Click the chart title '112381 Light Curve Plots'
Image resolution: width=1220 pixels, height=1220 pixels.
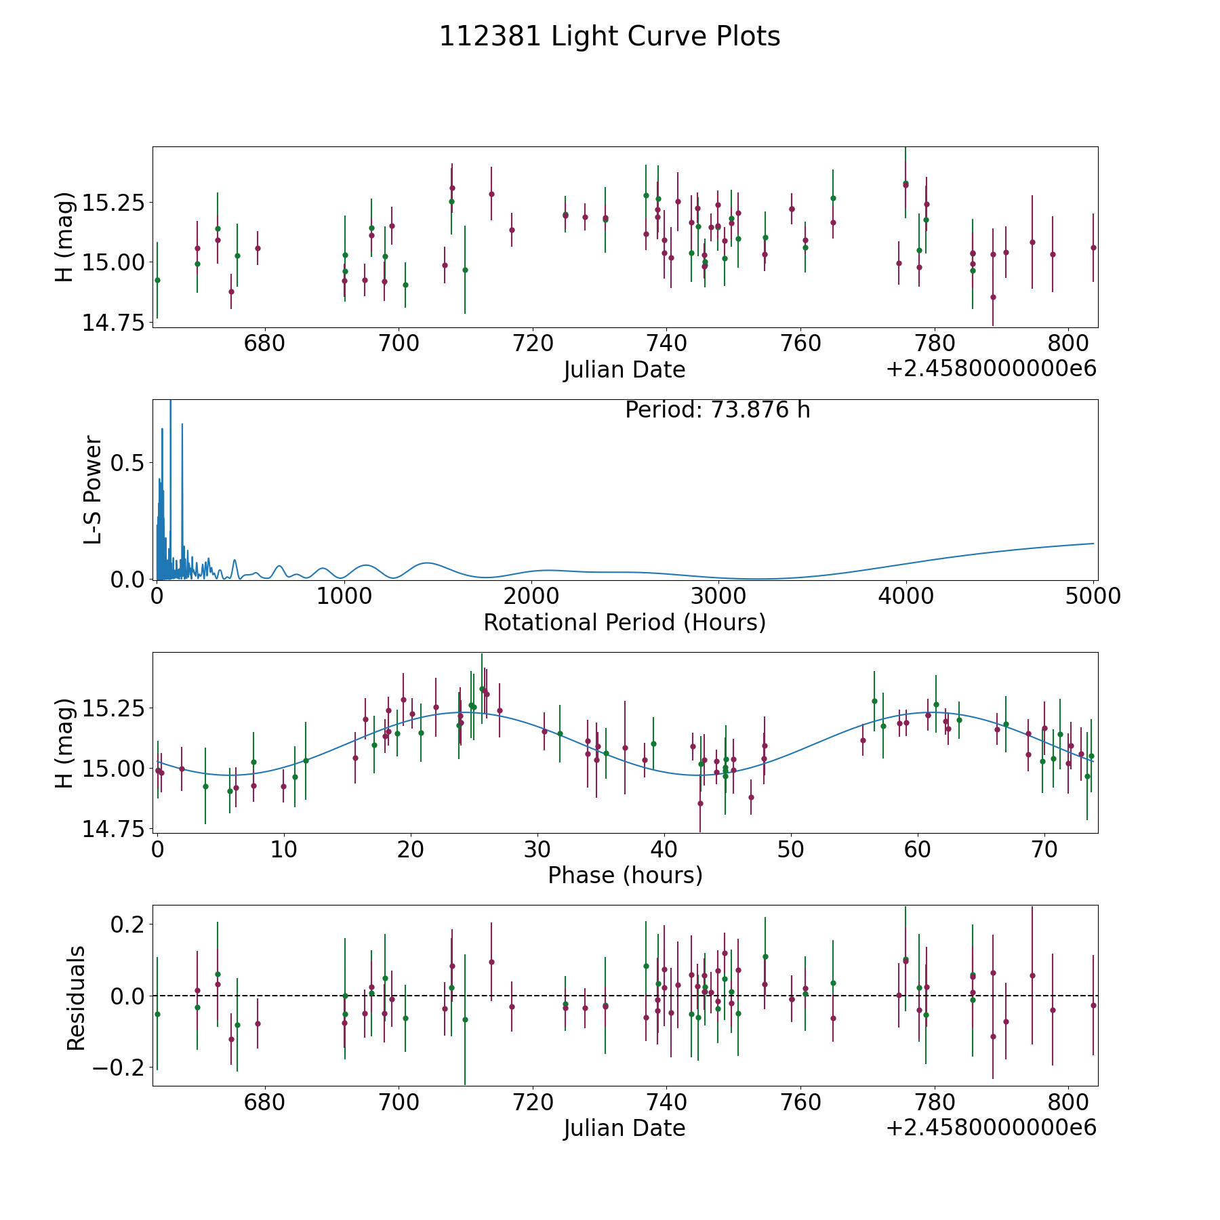pos(609,37)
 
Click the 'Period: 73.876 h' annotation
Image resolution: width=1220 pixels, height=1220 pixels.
pos(717,410)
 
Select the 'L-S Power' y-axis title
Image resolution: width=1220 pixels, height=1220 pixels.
pos(93,489)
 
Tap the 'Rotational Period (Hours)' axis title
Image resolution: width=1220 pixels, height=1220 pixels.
pos(624,622)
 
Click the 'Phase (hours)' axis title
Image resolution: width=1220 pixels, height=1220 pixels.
pos(625,875)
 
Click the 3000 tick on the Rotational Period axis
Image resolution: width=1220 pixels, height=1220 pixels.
pos(718,596)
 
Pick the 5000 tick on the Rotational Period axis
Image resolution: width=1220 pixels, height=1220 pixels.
pos(1093,596)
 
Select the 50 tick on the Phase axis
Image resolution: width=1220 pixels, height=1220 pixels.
pos(790,849)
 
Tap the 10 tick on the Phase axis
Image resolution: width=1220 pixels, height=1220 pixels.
pos(284,849)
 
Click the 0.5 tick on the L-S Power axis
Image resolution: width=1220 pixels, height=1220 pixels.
pos(129,463)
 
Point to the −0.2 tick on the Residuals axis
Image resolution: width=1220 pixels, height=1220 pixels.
pos(118,1067)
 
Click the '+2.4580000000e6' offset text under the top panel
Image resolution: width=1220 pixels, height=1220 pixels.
pos(991,369)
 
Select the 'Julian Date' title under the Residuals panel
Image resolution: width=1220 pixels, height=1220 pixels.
pos(624,1128)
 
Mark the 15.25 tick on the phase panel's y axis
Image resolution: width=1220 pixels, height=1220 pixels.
pos(113,708)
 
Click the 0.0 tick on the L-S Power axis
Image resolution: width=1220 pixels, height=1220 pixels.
pos(129,579)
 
